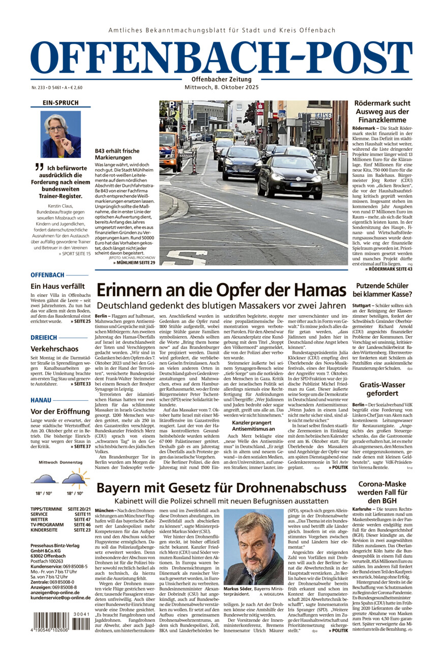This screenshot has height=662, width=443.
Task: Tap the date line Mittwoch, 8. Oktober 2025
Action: tap(221, 88)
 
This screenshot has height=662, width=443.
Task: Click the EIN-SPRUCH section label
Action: tap(61, 102)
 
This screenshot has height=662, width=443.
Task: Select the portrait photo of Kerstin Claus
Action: tap(61, 134)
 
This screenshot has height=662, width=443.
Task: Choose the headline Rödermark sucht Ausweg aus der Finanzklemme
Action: tap(381, 112)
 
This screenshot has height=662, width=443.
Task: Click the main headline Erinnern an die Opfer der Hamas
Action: tap(221, 290)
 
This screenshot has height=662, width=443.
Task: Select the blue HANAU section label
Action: tap(41, 400)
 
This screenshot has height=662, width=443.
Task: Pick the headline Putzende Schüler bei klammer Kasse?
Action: tap(382, 290)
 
